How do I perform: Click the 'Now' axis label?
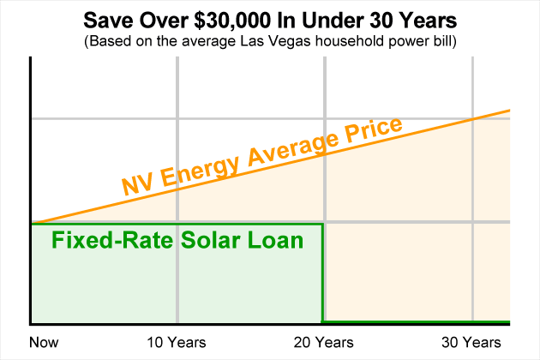(x=45, y=343)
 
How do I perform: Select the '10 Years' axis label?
(x=177, y=343)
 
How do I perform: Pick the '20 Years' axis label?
(x=322, y=343)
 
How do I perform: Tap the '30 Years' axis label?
(x=471, y=343)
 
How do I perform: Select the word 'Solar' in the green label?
(x=207, y=241)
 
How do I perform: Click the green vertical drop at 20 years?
(x=322, y=274)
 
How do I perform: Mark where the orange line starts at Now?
(x=32, y=222)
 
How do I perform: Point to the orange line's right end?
(x=509, y=111)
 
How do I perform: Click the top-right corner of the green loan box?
(x=322, y=225)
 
